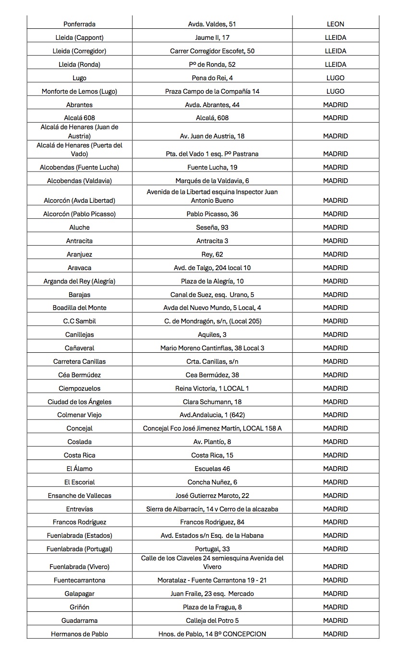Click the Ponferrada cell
click(x=79, y=24)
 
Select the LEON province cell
click(x=335, y=24)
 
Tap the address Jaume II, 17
click(x=212, y=37)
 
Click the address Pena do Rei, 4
click(x=212, y=78)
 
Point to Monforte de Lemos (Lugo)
click(x=79, y=91)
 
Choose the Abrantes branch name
click(x=79, y=105)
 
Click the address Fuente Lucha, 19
click(x=212, y=167)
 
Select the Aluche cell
click(x=79, y=227)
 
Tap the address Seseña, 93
click(x=212, y=227)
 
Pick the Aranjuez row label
click(x=79, y=254)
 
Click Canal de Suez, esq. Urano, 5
click(x=212, y=295)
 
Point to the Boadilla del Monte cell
click(x=79, y=308)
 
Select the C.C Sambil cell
click(x=79, y=321)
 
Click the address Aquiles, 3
click(x=212, y=335)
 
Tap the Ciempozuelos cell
click(x=79, y=388)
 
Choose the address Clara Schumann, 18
click(x=212, y=402)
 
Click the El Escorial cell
click(x=79, y=482)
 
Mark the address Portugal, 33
click(x=212, y=549)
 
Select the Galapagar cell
click(x=79, y=594)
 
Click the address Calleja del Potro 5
click(x=212, y=621)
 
